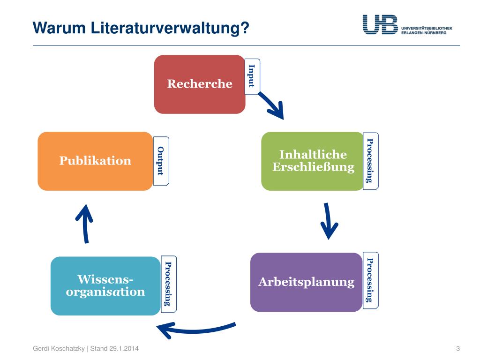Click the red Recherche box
(x=200, y=84)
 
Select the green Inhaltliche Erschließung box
(x=313, y=161)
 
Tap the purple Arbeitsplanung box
(x=306, y=282)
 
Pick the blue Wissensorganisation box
(x=105, y=286)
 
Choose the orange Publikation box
(x=95, y=161)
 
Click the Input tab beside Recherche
(x=252, y=76)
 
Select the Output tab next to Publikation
(x=161, y=161)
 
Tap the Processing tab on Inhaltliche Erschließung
(x=371, y=161)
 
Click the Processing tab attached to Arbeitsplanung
(x=371, y=280)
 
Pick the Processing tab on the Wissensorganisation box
(x=168, y=284)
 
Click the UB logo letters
(x=380, y=24)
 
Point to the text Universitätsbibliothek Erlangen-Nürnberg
(x=427, y=30)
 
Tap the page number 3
(x=457, y=348)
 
